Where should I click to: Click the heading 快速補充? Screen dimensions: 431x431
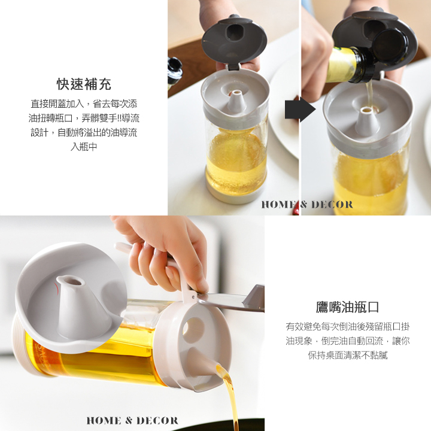[84, 84]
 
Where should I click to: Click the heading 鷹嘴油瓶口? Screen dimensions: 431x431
[347, 307]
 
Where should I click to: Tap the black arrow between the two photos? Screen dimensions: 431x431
[300, 110]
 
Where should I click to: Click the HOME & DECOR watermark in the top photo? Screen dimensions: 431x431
[307, 205]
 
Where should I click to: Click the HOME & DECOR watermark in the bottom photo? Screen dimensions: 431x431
[132, 421]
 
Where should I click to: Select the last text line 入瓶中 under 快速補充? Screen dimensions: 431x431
[84, 147]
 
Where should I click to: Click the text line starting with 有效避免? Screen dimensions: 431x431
[347, 327]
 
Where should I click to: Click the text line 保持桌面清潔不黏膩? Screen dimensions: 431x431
[347, 356]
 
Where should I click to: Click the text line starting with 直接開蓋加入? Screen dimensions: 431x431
[84, 104]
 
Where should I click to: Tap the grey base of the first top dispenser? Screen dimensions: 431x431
[236, 195]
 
